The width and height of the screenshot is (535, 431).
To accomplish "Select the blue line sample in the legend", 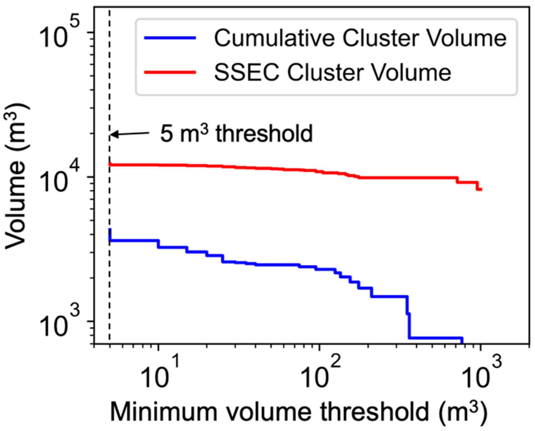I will [170, 38].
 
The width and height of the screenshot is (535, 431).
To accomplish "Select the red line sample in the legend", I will [170, 72].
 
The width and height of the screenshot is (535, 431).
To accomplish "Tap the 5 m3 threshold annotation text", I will [236, 133].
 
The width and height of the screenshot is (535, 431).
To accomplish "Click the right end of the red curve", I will [481, 190].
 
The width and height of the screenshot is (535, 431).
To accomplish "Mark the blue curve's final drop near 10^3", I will [462, 340].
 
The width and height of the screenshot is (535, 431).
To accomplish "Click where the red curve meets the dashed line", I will [110, 164].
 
